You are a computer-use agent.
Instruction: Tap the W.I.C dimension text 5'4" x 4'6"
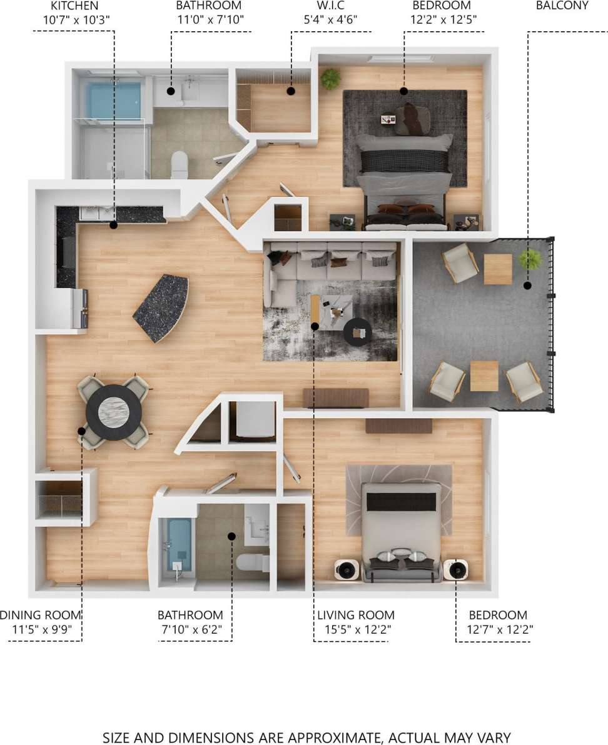tap(330, 19)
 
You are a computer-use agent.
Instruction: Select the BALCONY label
tap(562, 6)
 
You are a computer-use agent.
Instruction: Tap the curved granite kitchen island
tap(161, 307)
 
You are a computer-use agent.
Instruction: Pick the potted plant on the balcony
tap(530, 258)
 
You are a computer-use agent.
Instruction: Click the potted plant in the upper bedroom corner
tap(330, 79)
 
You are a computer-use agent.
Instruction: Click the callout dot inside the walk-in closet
tap(291, 91)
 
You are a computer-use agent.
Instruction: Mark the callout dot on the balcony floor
tap(527, 286)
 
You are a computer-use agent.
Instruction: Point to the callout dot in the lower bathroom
tap(231, 536)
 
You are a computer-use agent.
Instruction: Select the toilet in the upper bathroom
tap(180, 164)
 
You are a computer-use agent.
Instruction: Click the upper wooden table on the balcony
tap(498, 269)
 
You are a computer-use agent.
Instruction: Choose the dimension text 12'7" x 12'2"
tap(499, 629)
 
